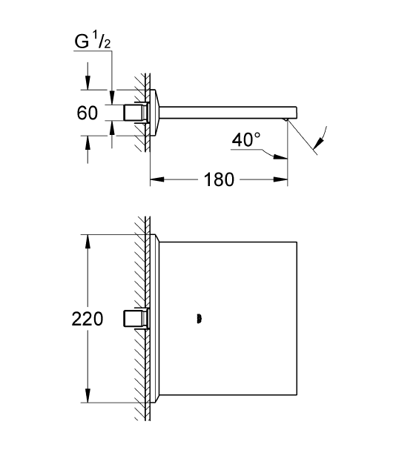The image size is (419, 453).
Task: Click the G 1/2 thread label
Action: point(92,41)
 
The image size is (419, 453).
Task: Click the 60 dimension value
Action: point(88,113)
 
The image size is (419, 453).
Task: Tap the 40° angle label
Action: point(246,140)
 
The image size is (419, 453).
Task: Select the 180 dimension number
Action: point(219,179)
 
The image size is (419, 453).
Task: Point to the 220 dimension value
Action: point(88,319)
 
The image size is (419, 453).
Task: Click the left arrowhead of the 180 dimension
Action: point(157,179)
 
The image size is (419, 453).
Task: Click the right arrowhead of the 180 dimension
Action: point(280,179)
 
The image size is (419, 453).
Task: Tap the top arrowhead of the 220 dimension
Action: point(88,241)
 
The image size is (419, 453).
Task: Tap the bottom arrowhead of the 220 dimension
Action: point(88,395)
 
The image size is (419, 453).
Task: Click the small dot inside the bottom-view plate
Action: point(199,319)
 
